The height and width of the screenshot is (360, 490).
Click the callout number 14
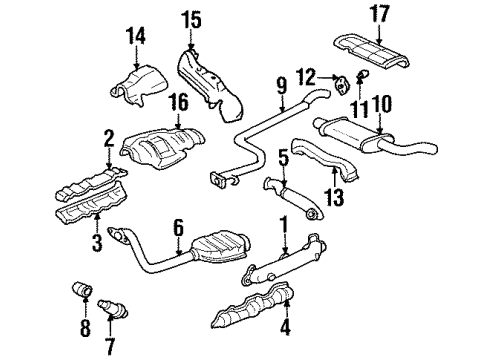pyautogui.click(x=134, y=37)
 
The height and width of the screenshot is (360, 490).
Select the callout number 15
pyautogui.click(x=191, y=18)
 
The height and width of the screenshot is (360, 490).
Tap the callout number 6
pyautogui.click(x=179, y=229)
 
